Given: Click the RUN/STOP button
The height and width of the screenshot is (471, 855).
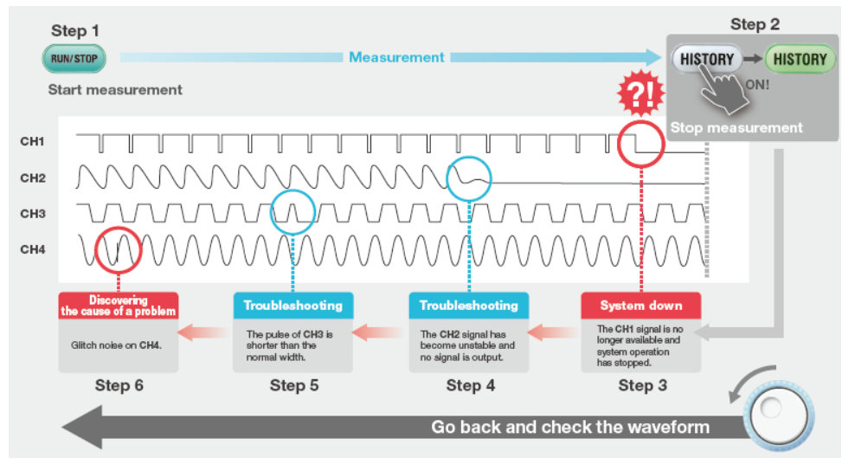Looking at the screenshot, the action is point(74,59).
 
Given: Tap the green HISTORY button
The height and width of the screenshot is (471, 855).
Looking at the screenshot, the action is point(800,59).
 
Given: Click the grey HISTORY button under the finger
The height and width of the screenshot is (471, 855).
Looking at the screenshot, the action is point(707,59).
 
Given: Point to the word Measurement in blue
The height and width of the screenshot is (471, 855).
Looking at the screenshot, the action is point(396,57).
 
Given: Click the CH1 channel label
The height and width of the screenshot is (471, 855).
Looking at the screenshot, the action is point(32,141).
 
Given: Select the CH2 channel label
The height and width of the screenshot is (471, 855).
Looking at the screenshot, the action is point(33,177).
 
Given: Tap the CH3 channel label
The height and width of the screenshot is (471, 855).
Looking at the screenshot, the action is point(33,213).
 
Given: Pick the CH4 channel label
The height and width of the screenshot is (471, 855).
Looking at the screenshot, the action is point(33,249).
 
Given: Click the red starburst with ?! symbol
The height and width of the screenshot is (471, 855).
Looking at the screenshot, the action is point(640,94).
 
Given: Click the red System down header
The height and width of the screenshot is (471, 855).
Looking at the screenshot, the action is point(640,306).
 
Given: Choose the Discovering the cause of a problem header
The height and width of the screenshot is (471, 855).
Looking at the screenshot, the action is point(119,306).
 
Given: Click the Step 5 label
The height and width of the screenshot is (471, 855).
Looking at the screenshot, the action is point(294,385).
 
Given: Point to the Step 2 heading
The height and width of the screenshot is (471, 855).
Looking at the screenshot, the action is point(755,24).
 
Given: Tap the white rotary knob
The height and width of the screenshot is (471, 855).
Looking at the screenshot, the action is point(779,416).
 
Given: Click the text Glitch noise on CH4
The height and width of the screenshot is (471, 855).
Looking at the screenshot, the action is point(116,345).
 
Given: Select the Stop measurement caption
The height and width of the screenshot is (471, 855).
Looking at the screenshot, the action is point(736,128).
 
